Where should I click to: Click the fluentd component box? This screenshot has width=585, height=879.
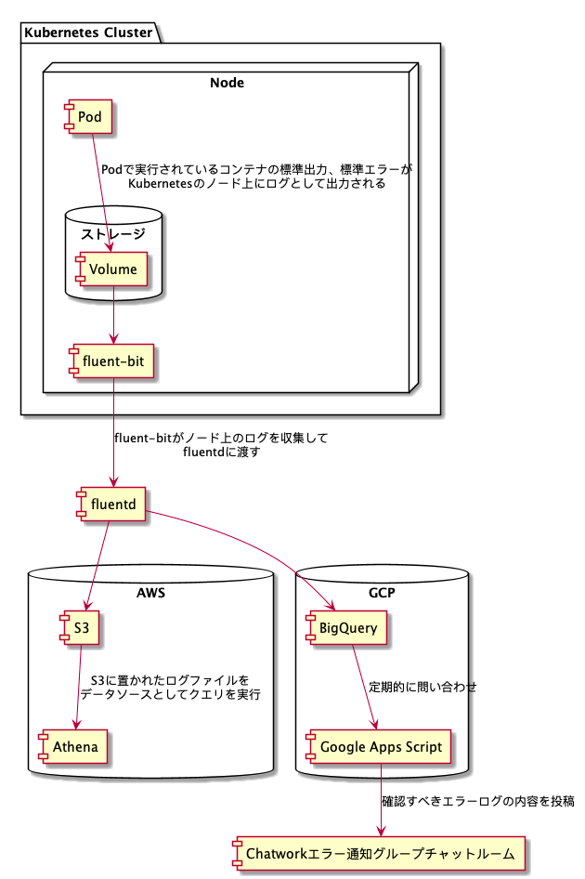pyautogui.click(x=111, y=505)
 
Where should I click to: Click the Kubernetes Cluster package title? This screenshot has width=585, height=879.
pyautogui.click(x=88, y=33)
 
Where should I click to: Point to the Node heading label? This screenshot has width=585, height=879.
pyautogui.click(x=227, y=83)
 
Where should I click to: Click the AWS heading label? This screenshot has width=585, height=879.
pyautogui.click(x=150, y=592)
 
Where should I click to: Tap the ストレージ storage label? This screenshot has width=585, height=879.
pyautogui.click(x=114, y=233)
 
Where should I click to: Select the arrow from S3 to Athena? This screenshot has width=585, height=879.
pyautogui.click(x=78, y=688)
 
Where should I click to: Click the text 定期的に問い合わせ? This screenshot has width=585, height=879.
pyautogui.click(x=422, y=688)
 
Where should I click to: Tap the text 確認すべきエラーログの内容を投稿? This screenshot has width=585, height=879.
pyautogui.click(x=477, y=801)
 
